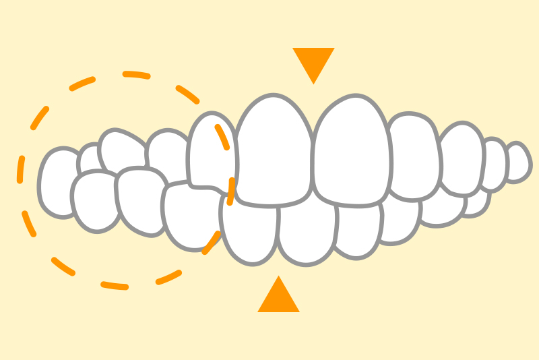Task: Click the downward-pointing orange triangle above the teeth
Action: coord(313,62)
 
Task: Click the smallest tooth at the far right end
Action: coord(518,162)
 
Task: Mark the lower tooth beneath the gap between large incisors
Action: coord(307,233)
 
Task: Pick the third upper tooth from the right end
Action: coord(462,159)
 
